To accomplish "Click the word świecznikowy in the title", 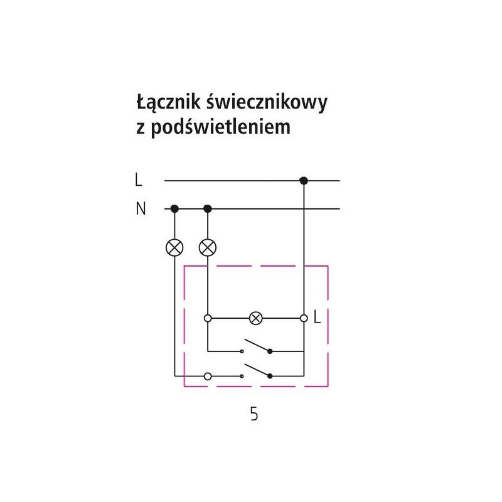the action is click(267, 102).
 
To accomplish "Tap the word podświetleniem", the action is click(221, 127).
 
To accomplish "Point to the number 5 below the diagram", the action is click(254, 414).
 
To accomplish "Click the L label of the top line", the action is click(138, 179).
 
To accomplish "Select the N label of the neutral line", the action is click(141, 208).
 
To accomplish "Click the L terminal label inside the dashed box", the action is click(317, 318).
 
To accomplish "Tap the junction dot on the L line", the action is click(304, 181).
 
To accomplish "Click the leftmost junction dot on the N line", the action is click(174, 209).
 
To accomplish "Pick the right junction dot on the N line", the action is click(208, 209).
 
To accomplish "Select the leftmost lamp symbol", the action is click(174, 247).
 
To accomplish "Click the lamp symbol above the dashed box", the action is click(208, 247).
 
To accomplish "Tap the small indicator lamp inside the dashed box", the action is click(255, 318).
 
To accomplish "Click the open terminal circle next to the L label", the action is click(304, 318).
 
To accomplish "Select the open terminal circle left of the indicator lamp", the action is click(208, 318).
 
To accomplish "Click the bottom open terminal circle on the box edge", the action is click(208, 376).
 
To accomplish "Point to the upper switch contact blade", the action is click(257, 345).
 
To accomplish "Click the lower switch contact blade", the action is click(257, 370).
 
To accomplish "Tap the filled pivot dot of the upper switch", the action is click(270, 351).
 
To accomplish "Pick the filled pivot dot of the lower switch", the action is click(270, 376).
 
